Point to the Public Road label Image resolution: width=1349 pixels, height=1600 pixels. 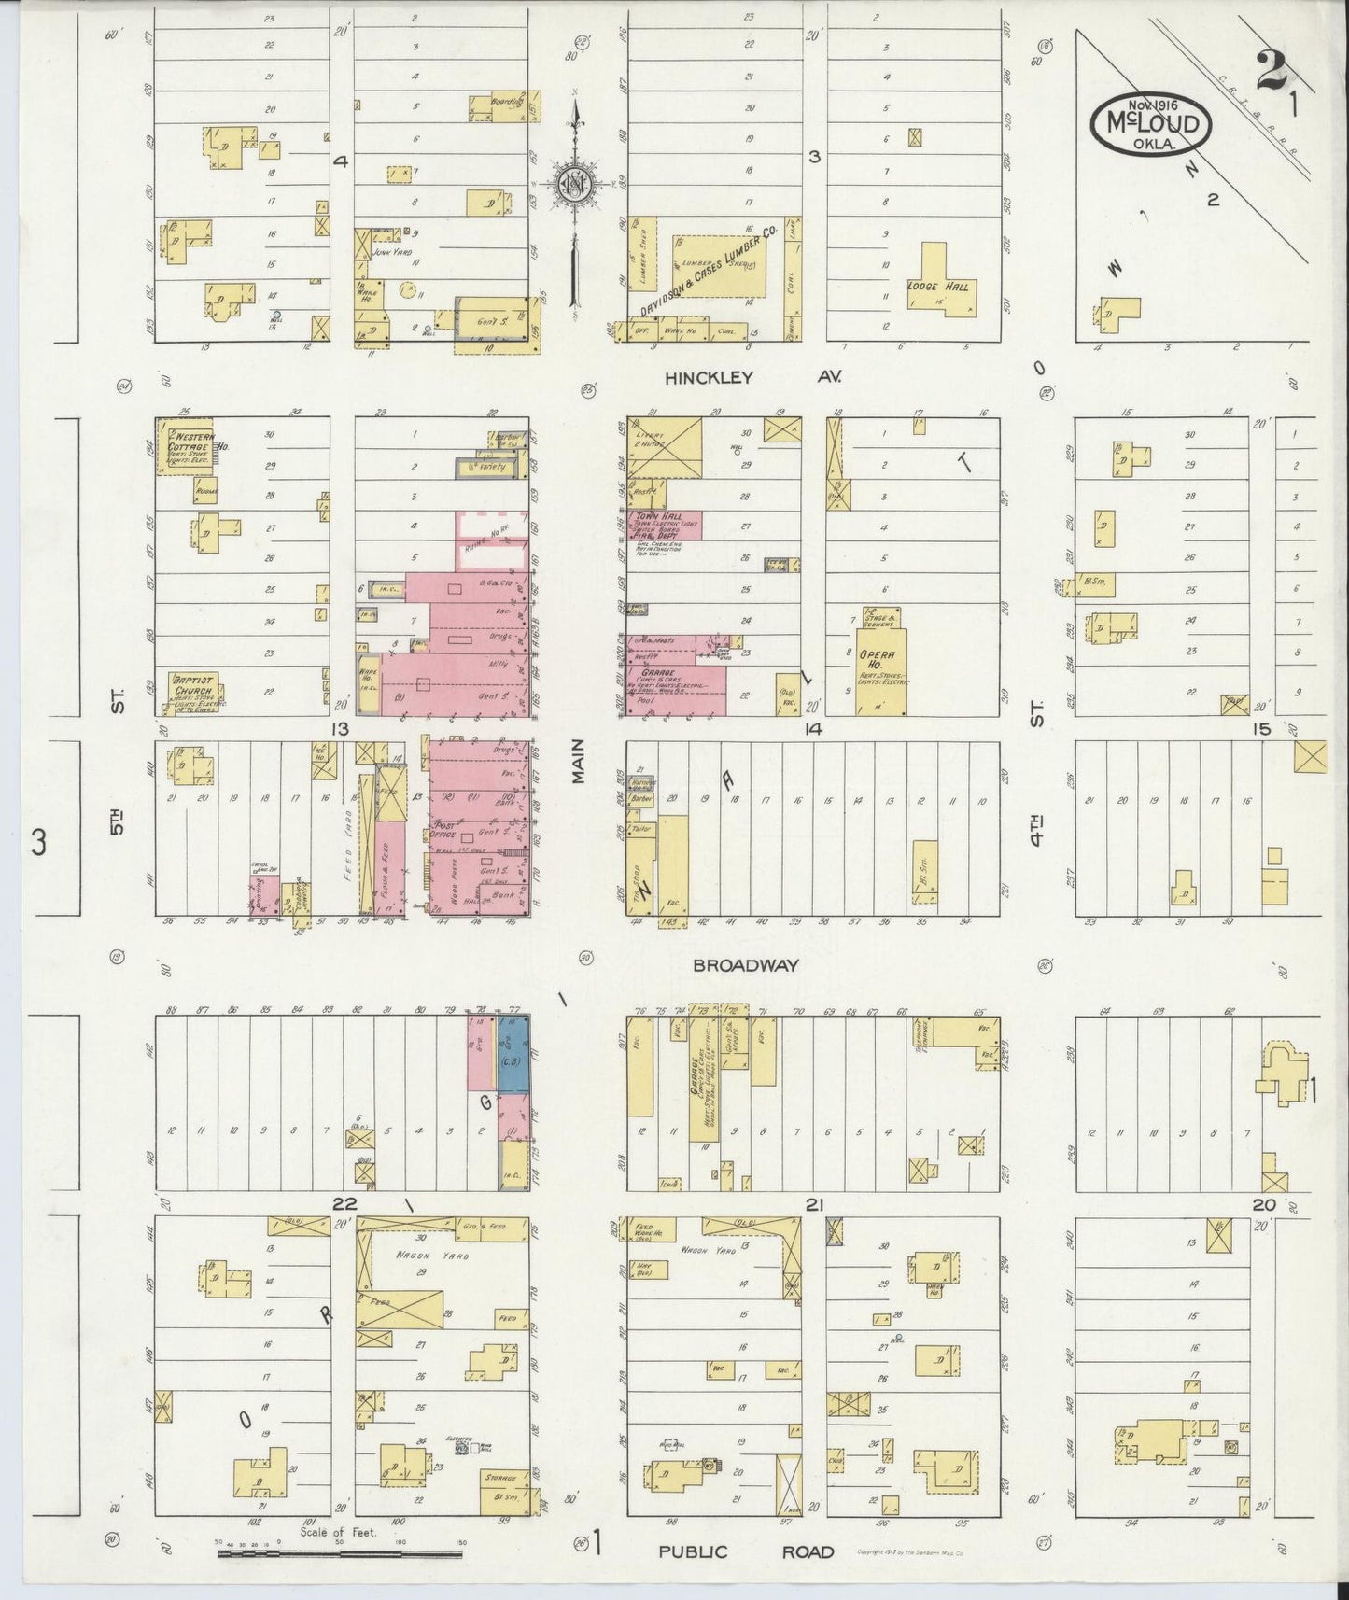pos(746,1551)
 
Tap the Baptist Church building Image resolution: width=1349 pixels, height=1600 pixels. pos(192,693)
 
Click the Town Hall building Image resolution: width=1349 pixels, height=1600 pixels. pos(665,526)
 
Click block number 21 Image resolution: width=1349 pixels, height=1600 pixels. pos(814,1205)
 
